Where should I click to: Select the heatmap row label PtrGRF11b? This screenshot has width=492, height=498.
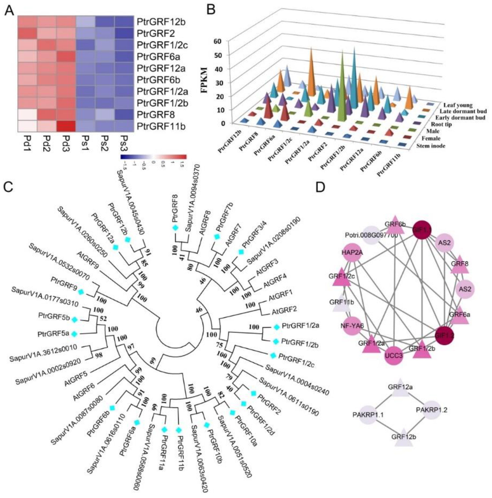(x=161, y=126)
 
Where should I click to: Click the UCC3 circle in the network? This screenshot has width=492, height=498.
(x=394, y=356)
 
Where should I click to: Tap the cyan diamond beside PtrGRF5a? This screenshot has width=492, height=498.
(x=75, y=334)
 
